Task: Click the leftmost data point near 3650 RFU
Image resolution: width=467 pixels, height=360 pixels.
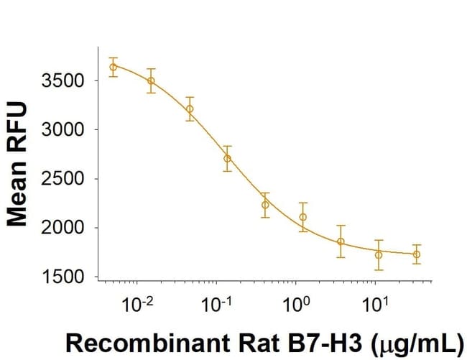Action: click(x=113, y=67)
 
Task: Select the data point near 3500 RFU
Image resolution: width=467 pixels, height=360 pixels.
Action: click(x=151, y=80)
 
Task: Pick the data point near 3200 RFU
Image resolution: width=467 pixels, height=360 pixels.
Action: click(x=190, y=109)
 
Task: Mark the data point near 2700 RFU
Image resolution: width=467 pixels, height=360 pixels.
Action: click(x=227, y=158)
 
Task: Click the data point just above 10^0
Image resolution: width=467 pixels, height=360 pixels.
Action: click(x=303, y=217)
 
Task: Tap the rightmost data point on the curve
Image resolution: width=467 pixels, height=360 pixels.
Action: click(x=417, y=254)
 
